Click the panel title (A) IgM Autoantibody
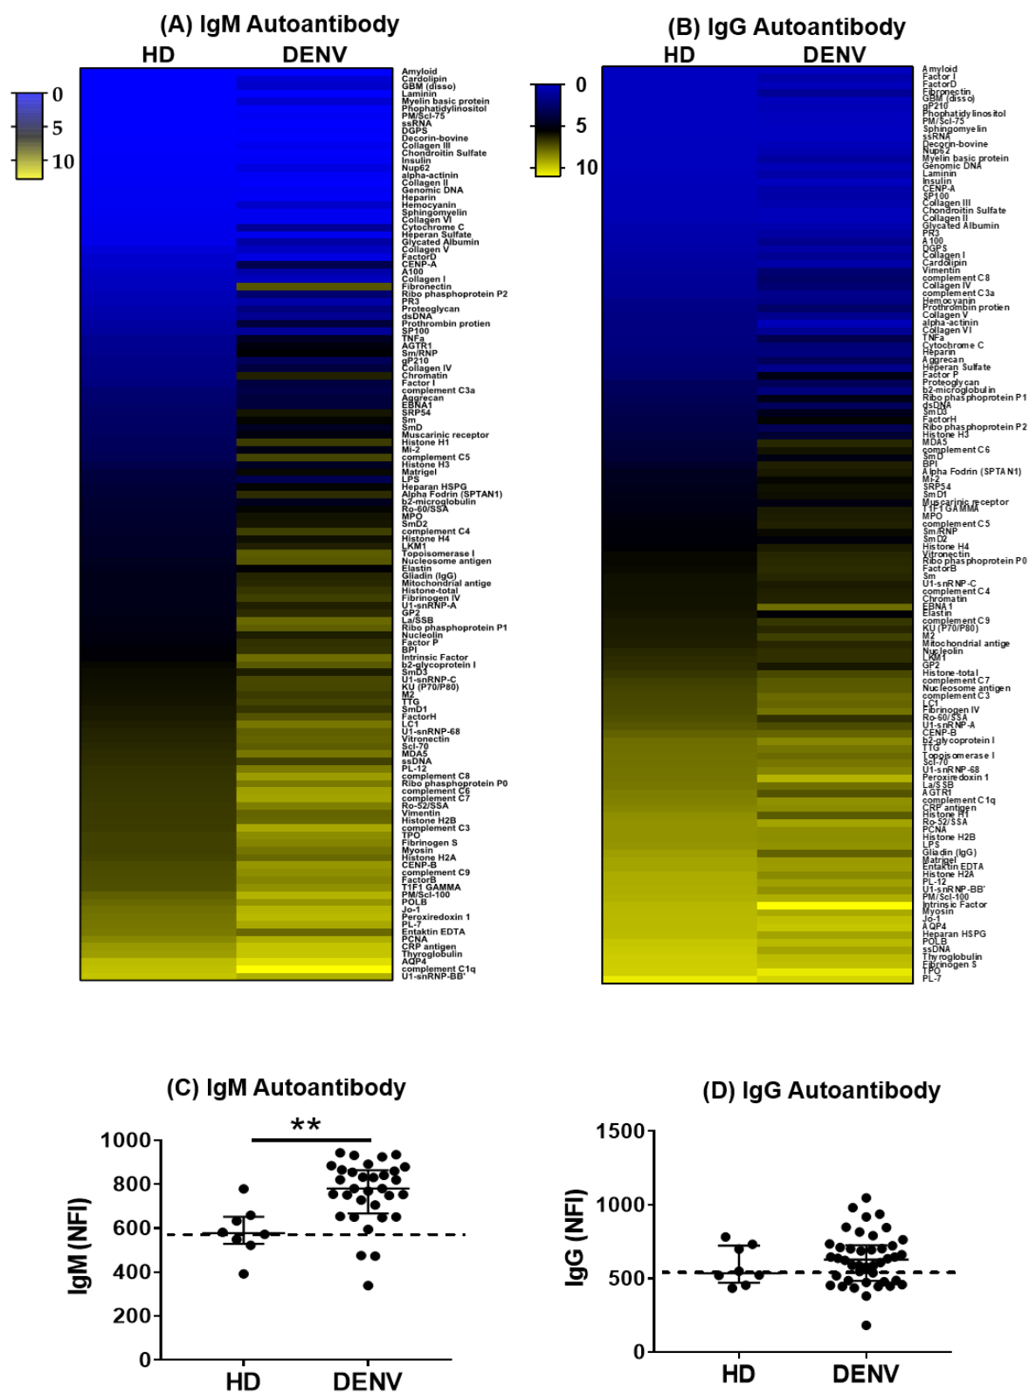279,24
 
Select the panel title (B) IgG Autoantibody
786,27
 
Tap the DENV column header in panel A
314,55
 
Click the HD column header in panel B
679,55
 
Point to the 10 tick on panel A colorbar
63,162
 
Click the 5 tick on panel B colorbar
581,126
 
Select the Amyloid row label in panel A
419,72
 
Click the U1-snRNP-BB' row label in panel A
432,976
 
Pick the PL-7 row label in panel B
932,978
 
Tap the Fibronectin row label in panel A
426,286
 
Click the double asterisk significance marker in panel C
306,1126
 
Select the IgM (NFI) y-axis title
79,1245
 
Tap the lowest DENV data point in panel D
867,1325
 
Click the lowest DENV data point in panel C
369,1285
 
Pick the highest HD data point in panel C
244,1189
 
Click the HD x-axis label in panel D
738,1375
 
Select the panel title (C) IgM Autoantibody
287,1088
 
